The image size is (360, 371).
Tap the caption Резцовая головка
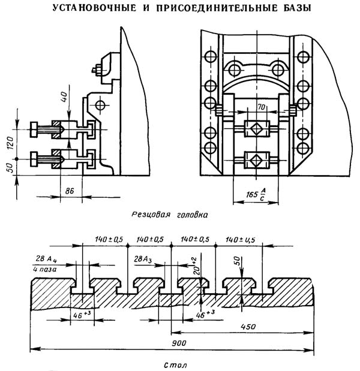click(173, 213)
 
